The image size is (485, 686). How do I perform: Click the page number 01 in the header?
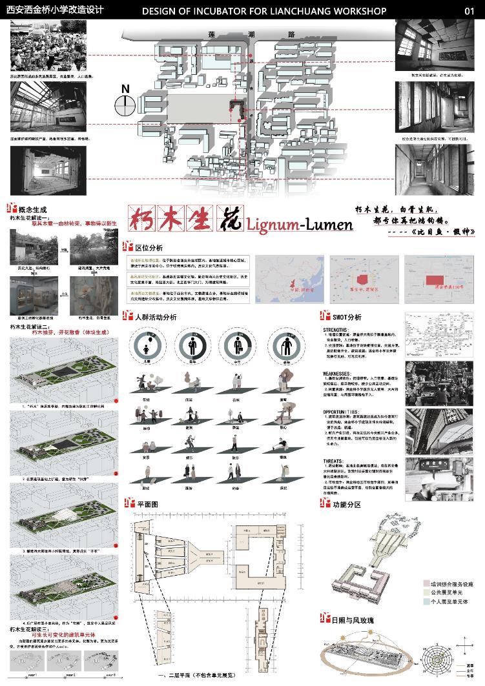pos(471,11)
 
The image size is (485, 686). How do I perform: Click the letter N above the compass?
pos(125,89)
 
